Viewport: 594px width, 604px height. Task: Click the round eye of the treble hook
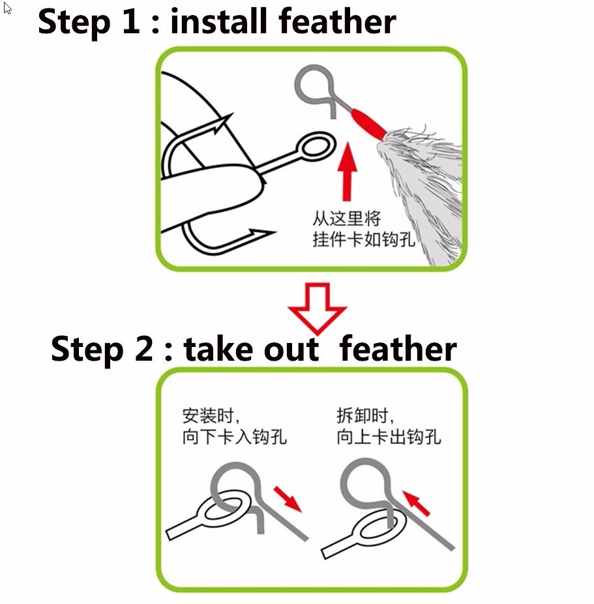point(315,147)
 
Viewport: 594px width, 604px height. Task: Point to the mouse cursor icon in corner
point(7,9)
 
